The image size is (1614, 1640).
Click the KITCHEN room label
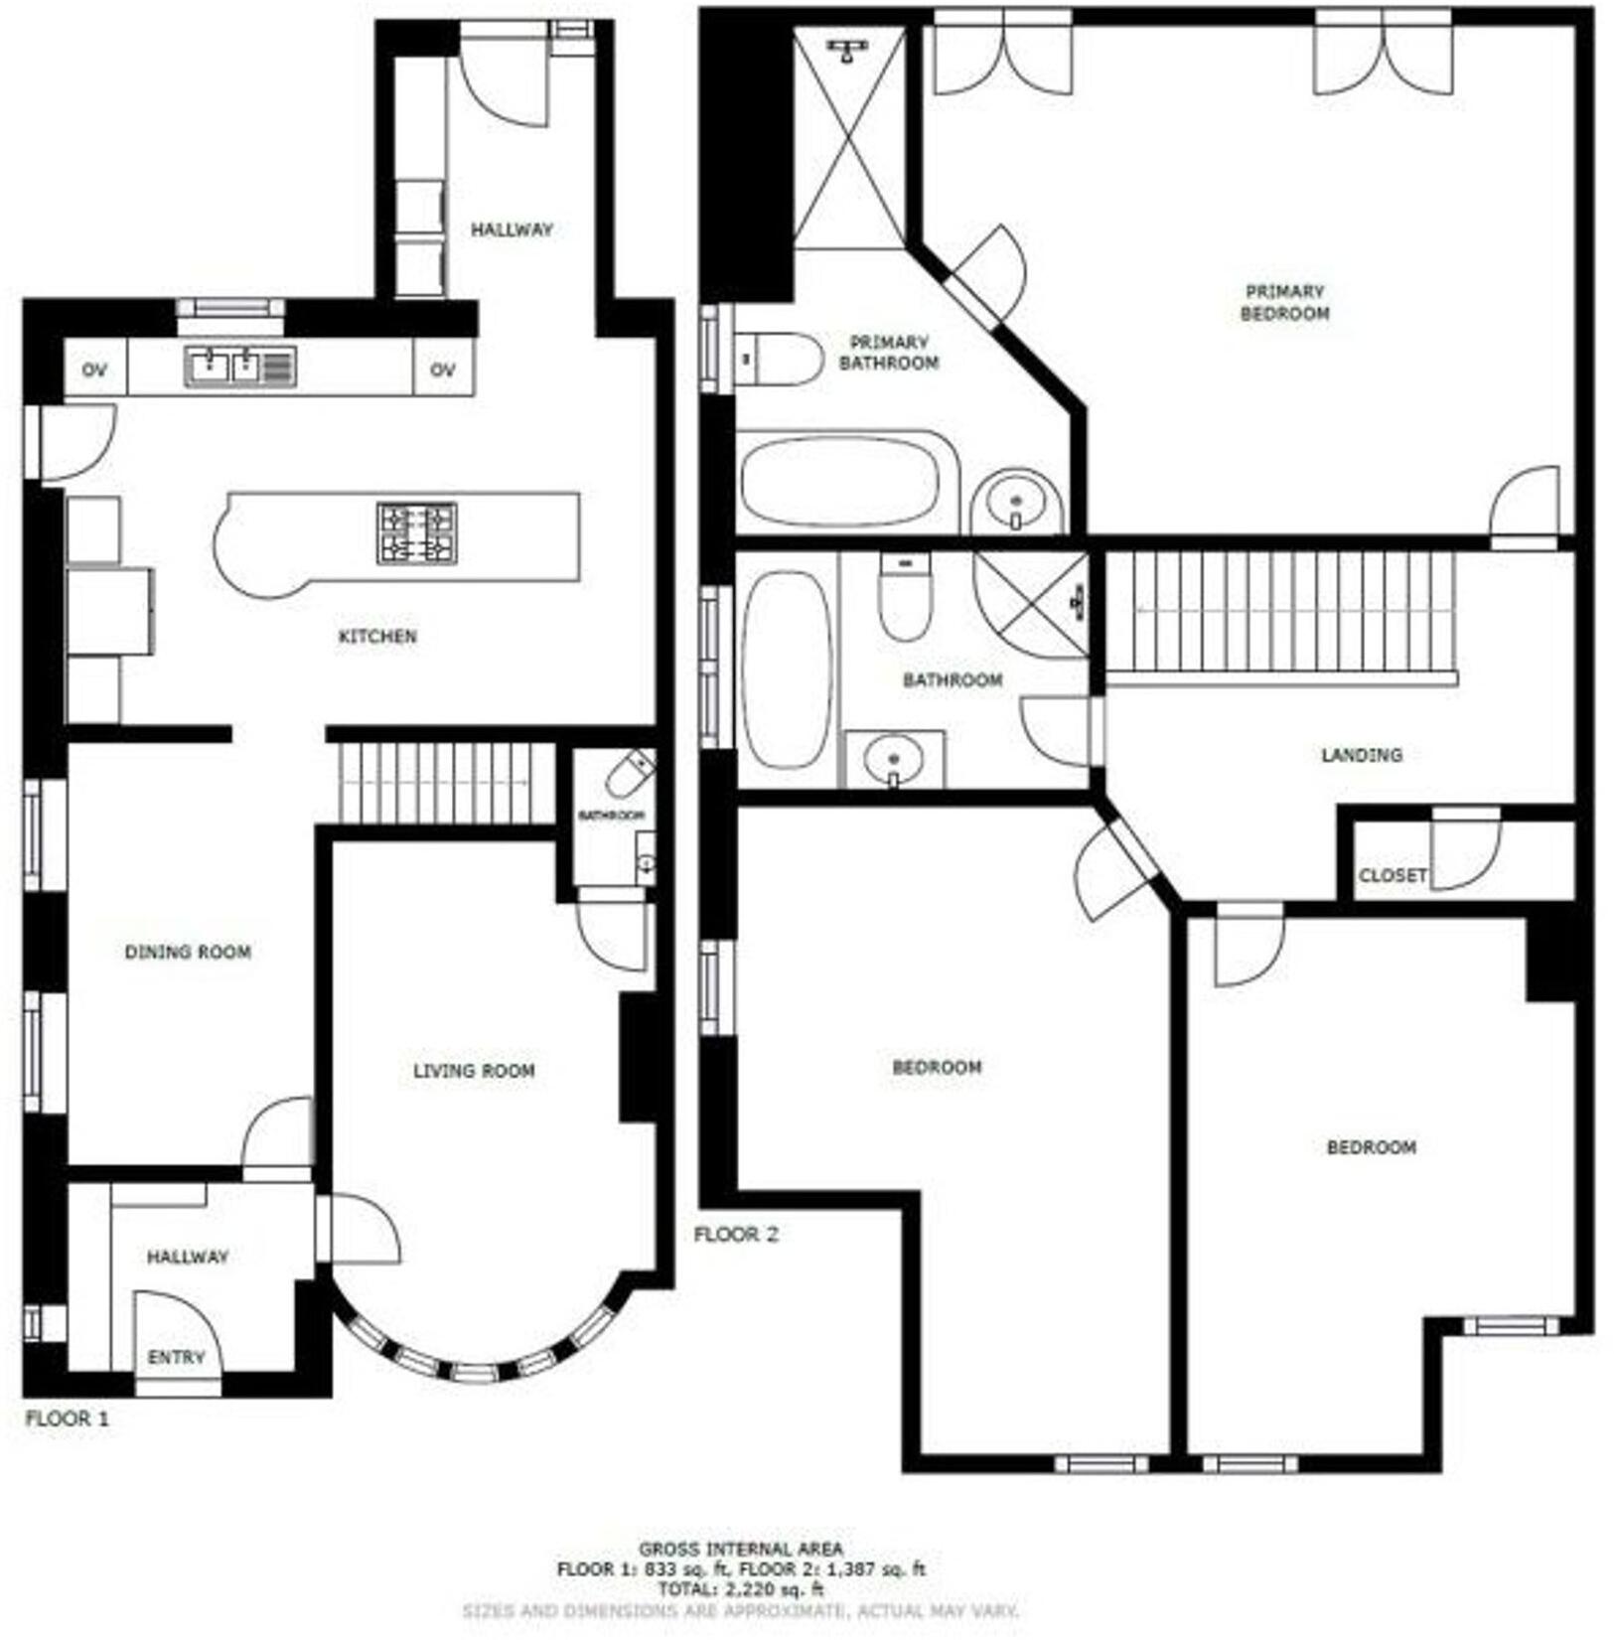[x=377, y=636]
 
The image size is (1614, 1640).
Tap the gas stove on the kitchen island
[x=416, y=532]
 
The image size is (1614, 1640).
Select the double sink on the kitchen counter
[x=239, y=367]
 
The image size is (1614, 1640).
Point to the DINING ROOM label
[x=188, y=952]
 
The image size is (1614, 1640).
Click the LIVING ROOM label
[x=474, y=1071]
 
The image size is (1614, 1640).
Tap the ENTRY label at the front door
[x=176, y=1357]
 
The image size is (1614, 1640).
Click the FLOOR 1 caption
[x=67, y=1418]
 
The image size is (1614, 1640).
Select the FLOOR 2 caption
[x=736, y=1235]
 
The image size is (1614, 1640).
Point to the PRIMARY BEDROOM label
[x=1284, y=302]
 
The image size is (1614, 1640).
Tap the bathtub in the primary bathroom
[x=840, y=482]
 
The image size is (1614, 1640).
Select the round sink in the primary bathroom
[x=1015, y=503]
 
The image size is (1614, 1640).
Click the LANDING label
[x=1361, y=755]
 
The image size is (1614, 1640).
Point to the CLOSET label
[x=1393, y=875]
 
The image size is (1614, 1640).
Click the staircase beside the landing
[x=1281, y=612]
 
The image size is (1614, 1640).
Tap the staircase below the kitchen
[x=446, y=783]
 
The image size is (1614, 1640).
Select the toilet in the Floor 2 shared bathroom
[x=905, y=598]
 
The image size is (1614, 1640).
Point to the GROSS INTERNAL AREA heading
[x=740, y=1548]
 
